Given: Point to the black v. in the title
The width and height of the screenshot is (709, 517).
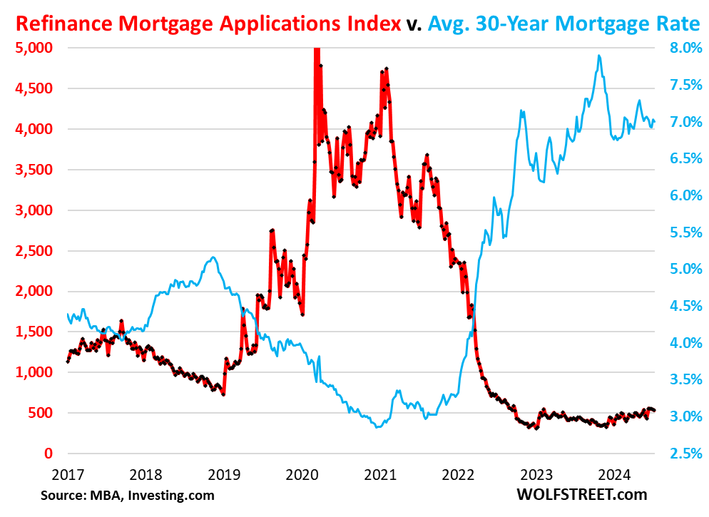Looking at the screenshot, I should [x=414, y=24].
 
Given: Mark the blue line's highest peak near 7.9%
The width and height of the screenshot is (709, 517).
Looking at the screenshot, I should [x=599, y=56].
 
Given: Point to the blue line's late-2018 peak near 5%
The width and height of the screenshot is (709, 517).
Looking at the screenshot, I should [x=213, y=257].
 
